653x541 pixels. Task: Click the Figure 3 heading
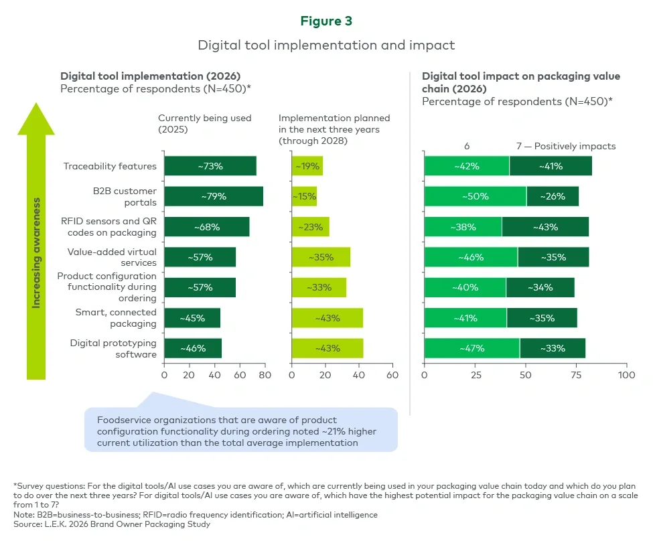tap(326, 21)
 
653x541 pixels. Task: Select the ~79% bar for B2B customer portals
tap(214, 196)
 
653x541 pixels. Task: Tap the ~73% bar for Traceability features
tap(210, 166)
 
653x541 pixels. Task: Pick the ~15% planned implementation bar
tap(304, 196)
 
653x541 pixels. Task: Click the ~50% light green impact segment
tap(475, 196)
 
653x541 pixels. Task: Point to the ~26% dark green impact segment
tap(553, 196)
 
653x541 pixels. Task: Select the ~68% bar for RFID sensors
tap(206, 227)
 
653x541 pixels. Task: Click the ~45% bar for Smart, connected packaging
tap(192, 318)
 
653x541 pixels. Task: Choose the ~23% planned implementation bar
tap(310, 227)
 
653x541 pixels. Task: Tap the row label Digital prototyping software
tap(113, 349)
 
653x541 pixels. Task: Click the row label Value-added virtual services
tap(112, 257)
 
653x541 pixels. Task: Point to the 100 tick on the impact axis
tap(626, 375)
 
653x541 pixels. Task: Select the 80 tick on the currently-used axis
tap(265, 375)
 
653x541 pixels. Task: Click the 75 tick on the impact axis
tap(576, 375)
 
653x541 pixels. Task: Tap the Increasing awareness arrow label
tap(37, 252)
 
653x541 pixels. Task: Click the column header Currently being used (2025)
tap(204, 123)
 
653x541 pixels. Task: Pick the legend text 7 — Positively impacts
tap(566, 146)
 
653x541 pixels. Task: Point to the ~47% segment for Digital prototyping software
tap(471, 349)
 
